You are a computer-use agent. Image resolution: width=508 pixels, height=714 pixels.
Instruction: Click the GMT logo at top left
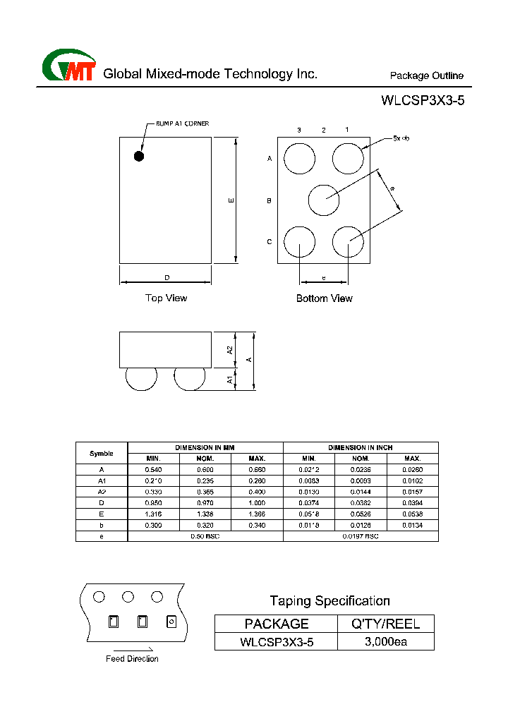[x=68, y=66]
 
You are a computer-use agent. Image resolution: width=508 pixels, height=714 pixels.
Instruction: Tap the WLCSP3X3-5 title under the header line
[x=423, y=100]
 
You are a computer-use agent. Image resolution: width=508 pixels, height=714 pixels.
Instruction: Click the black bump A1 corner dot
[x=139, y=156]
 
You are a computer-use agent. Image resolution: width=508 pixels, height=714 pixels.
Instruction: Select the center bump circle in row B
[x=324, y=200]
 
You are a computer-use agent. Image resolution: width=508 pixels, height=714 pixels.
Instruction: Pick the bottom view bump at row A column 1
[x=348, y=158]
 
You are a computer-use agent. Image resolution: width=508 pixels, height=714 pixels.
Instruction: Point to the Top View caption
[x=166, y=298]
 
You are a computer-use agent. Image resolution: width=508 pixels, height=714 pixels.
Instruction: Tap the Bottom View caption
[x=324, y=298]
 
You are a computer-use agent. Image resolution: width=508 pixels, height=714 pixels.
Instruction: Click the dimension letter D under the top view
[x=167, y=277]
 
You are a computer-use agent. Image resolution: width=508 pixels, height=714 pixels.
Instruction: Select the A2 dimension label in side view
[x=230, y=350]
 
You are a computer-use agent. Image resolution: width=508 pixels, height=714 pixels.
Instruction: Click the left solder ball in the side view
[x=141, y=378]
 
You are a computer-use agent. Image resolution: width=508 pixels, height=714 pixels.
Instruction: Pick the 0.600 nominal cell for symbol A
[x=205, y=469]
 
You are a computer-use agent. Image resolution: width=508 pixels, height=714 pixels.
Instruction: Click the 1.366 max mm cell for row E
[x=257, y=514]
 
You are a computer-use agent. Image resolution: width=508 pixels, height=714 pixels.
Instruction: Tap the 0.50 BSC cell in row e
[x=205, y=536]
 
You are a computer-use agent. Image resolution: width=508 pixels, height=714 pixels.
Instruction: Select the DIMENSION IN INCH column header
[x=361, y=447]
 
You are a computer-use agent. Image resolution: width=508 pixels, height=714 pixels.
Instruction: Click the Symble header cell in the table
[x=102, y=453]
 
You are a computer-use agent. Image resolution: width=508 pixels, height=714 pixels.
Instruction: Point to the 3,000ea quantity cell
[x=386, y=641]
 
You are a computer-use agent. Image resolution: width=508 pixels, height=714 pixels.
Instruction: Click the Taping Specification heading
[x=329, y=601]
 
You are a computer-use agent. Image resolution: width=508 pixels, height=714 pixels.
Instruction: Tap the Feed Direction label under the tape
[x=132, y=659]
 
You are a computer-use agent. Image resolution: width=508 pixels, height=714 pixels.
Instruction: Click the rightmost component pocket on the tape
[x=171, y=622]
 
